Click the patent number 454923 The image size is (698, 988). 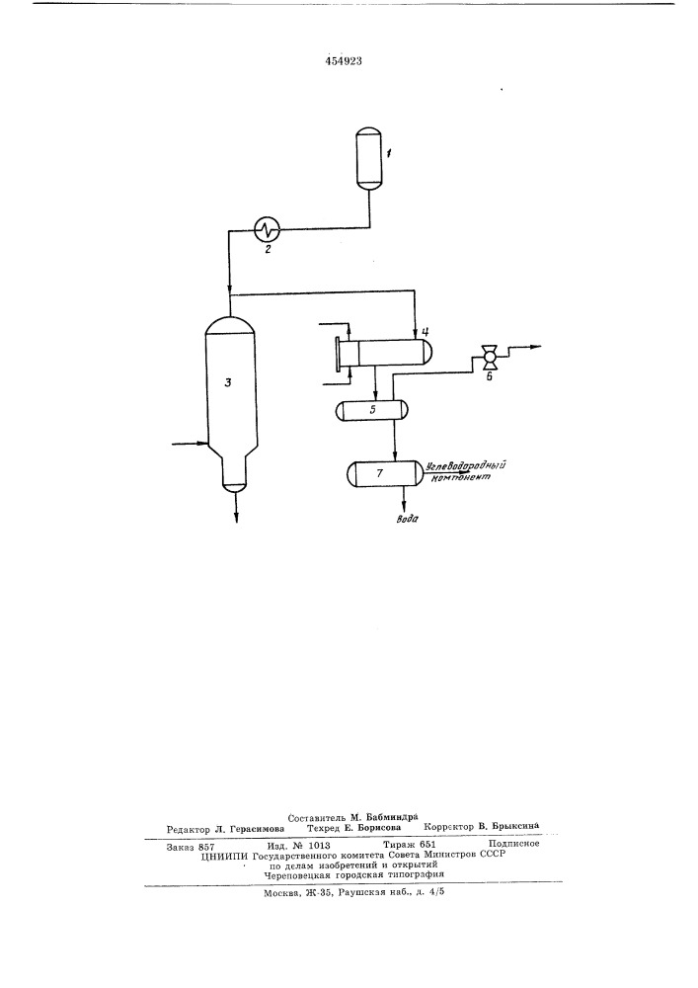tap(343, 61)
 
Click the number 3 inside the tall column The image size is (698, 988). tap(229, 381)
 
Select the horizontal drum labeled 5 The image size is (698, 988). tap(371, 411)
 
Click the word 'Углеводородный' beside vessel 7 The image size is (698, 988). tap(466, 467)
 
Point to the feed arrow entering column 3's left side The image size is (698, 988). tap(190, 444)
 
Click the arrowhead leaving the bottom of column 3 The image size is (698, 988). tap(237, 518)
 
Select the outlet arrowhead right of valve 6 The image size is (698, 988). tap(535, 347)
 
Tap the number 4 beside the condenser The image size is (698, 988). tap(426, 331)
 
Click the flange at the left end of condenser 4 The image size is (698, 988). tap(339, 356)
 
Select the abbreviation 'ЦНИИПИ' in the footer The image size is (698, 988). tap(223, 856)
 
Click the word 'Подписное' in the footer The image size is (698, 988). tap(513, 844)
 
